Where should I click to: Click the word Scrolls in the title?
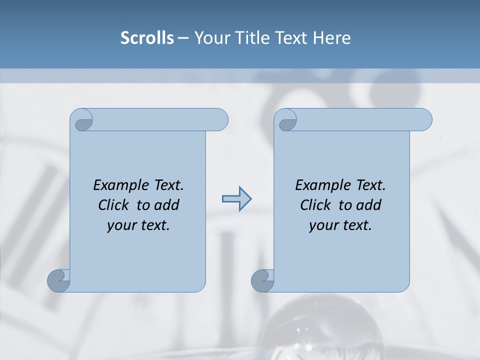(147, 37)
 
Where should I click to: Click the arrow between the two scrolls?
(236, 199)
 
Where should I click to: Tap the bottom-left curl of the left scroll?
(58, 280)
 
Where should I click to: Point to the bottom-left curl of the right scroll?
(262, 280)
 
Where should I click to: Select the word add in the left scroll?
(166, 205)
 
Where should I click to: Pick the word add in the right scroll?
(368, 205)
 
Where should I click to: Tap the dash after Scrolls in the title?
(182, 38)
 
